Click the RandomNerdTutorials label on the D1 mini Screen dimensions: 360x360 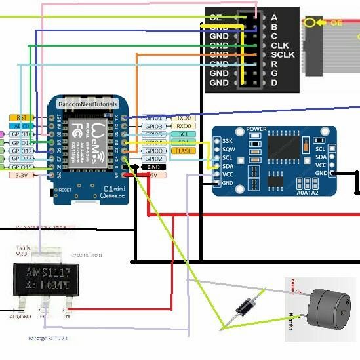pos(88,104)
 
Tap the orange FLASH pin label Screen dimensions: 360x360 pos(181,150)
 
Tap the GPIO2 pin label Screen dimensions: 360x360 pos(153,159)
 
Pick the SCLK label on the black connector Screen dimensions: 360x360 pos(283,54)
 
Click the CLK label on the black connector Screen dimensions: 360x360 pos(280,45)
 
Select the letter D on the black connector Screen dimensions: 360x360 pos(274,83)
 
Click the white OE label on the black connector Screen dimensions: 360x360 pos(216,18)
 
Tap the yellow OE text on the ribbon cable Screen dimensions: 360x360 pos(336,22)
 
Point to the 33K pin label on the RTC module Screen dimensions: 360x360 pos(227,141)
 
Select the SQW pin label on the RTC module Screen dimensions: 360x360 pos(228,150)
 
